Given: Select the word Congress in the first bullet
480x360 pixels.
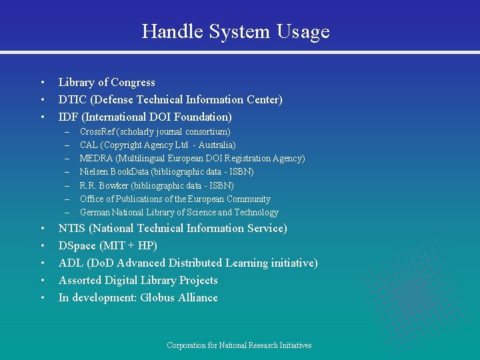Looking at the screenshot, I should pos(133,82).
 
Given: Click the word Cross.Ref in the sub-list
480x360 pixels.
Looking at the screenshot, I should pos(98,132).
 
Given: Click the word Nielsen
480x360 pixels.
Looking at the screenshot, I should pos(93,172).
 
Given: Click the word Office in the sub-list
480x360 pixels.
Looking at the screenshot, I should pos(91,199).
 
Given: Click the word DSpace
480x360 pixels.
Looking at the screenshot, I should pos(78,245).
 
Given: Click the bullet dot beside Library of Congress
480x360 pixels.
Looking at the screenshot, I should pos(41,83).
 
